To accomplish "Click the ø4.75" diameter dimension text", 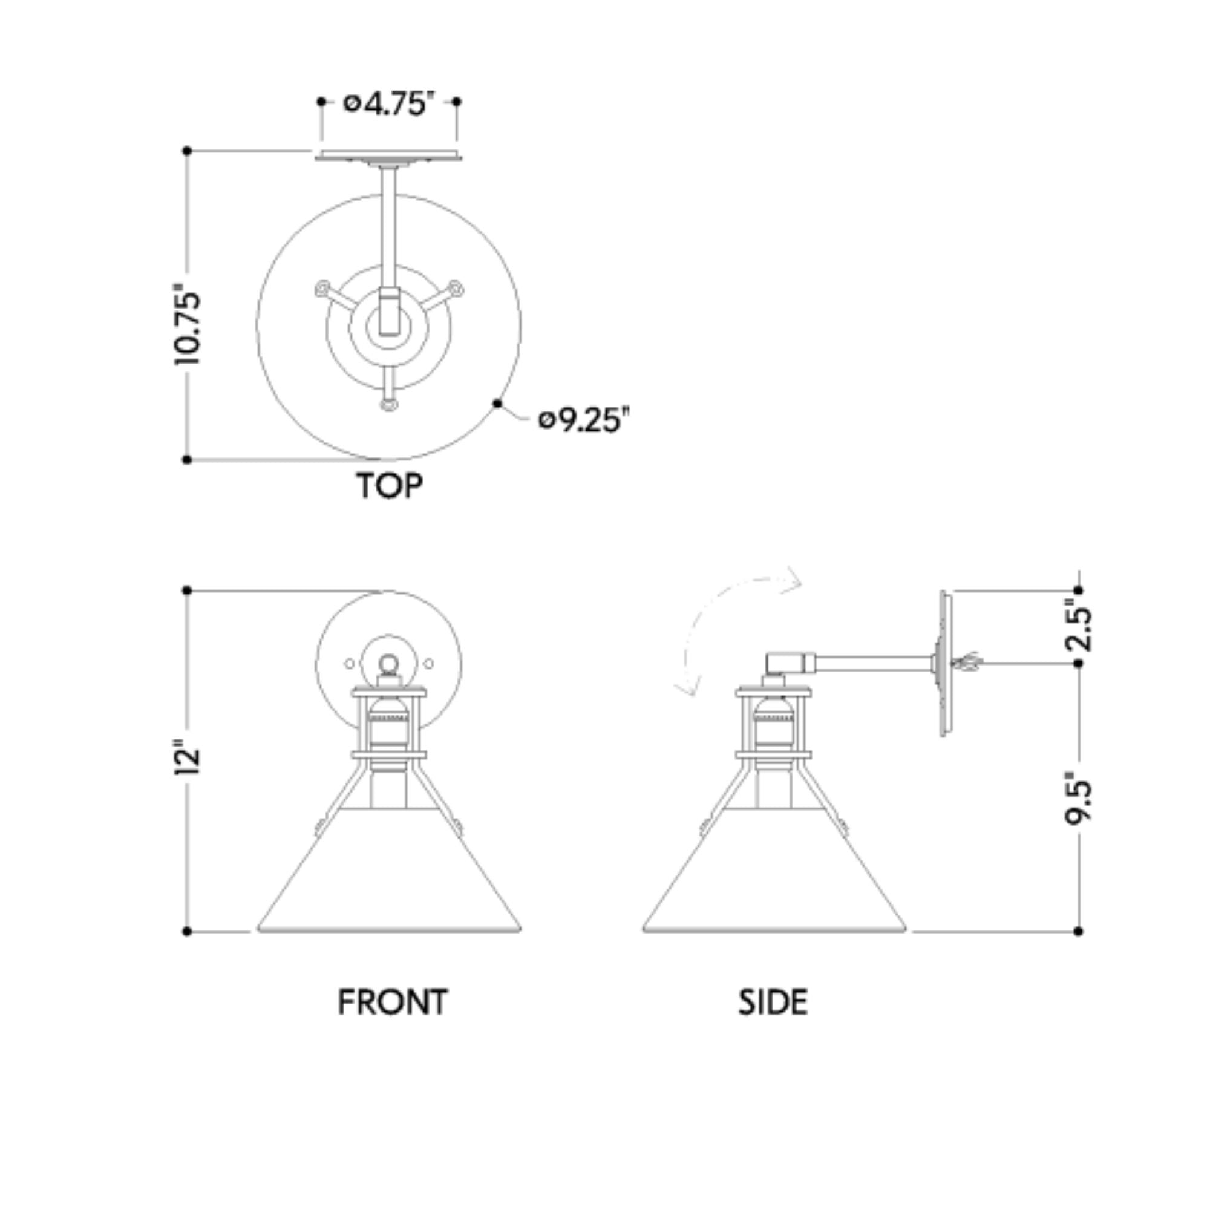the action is (x=388, y=103).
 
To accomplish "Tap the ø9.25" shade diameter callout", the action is (x=584, y=420).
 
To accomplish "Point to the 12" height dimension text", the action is (x=188, y=759).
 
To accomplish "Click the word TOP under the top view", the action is (x=390, y=485).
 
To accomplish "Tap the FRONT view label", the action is (x=393, y=1002).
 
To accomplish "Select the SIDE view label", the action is (x=773, y=1002).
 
